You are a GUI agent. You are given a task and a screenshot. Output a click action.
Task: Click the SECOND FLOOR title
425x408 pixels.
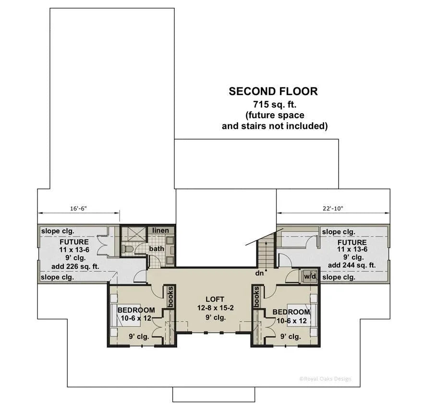tap(273, 91)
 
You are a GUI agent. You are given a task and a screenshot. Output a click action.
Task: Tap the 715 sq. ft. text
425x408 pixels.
tap(273, 104)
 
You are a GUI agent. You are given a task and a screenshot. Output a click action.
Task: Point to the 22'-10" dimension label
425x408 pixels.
tap(333, 209)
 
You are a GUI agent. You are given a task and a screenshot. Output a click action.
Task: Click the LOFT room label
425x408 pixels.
tap(214, 299)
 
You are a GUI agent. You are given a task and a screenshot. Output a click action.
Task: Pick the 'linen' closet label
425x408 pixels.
tap(161, 230)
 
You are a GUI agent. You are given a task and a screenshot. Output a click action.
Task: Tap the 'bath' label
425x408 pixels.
tap(157, 249)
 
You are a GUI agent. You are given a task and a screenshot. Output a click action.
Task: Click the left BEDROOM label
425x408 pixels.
tap(136, 310)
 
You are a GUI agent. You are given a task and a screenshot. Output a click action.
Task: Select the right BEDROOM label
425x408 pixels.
tap(291, 312)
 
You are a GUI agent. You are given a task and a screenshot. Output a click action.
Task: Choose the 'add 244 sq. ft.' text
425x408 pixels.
tap(352, 265)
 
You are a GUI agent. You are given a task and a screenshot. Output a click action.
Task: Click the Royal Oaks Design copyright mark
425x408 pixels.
tap(325, 379)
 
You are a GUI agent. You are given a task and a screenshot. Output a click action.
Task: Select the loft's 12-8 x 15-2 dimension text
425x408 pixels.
tap(214, 308)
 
